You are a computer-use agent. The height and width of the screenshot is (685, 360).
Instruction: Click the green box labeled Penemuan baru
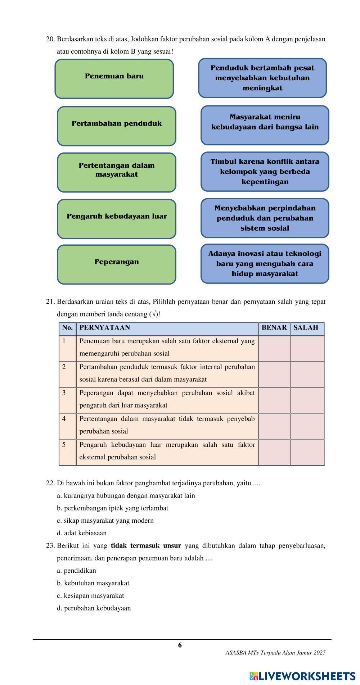pos(114,79)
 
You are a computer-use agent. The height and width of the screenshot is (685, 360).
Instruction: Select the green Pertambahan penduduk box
pos(117,126)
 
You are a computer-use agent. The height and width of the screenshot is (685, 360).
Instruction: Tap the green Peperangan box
pos(117,264)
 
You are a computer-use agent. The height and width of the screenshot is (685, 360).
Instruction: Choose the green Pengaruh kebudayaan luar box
pos(117,219)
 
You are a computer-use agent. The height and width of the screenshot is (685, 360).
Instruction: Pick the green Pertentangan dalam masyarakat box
pos(117,172)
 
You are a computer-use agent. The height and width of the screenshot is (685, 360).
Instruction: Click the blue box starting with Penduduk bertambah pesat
pos(262,78)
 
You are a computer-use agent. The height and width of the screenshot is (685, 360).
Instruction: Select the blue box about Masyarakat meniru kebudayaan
pos(265,125)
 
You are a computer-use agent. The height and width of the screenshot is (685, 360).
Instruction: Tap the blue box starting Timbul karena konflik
pos(265,172)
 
